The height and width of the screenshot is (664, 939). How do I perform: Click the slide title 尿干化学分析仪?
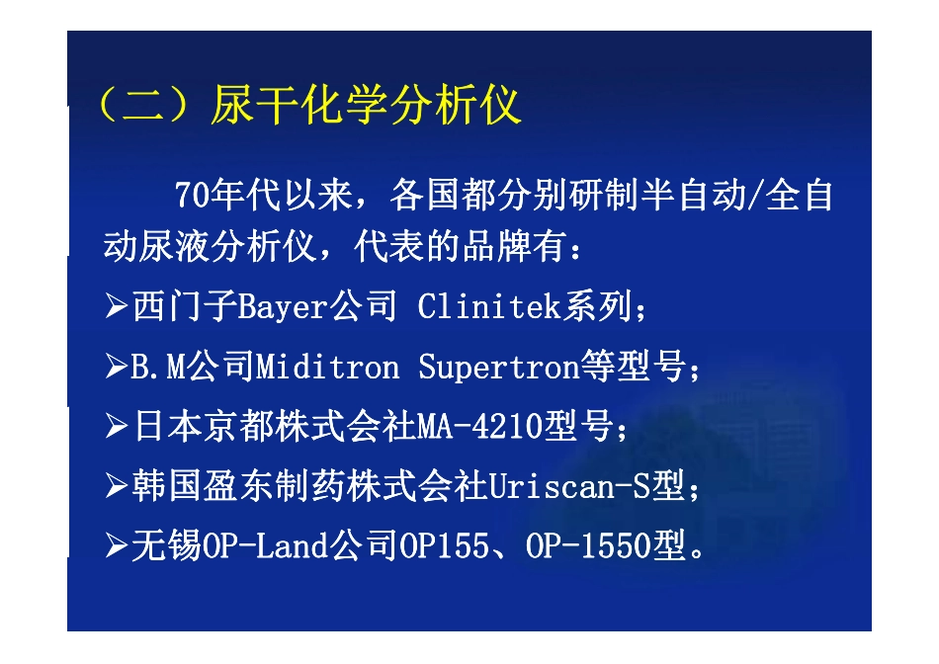tap(366, 106)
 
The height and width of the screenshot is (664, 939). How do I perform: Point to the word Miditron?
tap(327, 369)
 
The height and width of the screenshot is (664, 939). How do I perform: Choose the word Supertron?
tap(497, 369)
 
